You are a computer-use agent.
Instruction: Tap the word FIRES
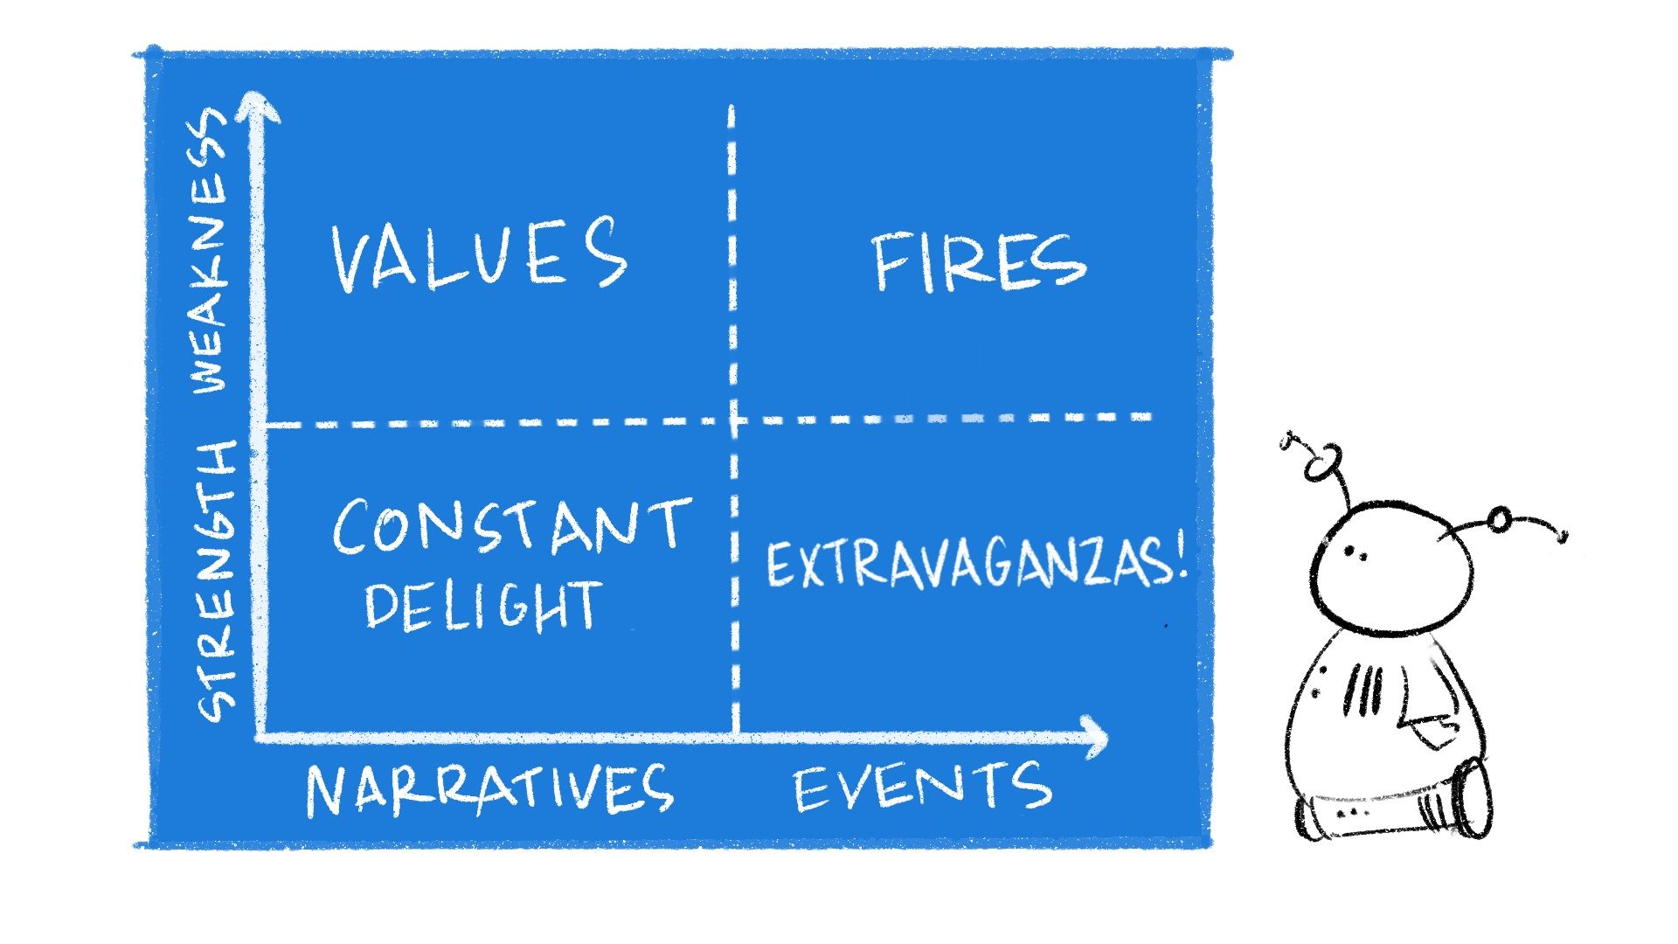(979, 262)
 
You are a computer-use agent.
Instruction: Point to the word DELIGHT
(483, 605)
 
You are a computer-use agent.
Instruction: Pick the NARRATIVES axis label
(489, 789)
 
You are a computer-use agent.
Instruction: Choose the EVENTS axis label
(923, 786)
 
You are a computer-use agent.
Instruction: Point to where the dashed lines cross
(733, 420)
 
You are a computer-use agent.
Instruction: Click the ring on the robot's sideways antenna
(1500, 520)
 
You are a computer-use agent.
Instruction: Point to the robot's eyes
(1355, 552)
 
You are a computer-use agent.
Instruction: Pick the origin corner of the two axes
(260, 737)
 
